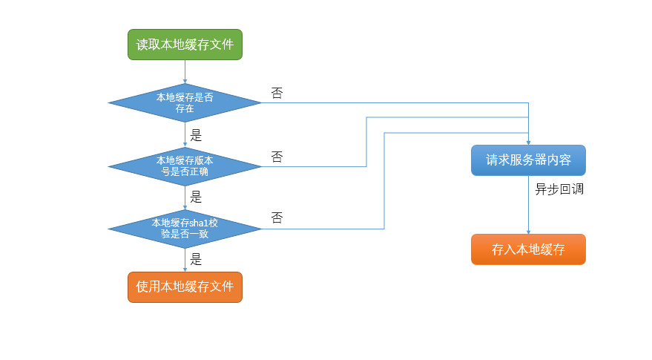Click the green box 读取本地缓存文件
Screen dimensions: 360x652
tap(185, 45)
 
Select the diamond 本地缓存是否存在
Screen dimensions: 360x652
tap(185, 102)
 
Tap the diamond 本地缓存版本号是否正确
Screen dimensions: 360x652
tap(185, 166)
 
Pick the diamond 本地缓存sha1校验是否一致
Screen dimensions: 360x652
tap(185, 228)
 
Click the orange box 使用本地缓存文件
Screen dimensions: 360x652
tap(185, 287)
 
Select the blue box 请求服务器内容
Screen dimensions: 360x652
tap(528, 160)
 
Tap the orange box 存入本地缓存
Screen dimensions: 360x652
tap(528, 249)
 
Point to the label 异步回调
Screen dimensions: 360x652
tap(559, 189)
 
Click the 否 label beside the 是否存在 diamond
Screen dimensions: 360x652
tap(277, 94)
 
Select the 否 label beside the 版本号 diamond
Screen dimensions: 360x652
tap(277, 157)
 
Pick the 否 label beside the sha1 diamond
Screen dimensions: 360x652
tap(277, 218)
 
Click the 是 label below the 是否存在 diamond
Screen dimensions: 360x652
tap(197, 136)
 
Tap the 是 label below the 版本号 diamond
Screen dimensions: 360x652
tap(197, 197)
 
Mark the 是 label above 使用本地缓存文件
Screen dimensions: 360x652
tap(197, 260)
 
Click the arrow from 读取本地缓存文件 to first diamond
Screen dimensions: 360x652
tap(185, 72)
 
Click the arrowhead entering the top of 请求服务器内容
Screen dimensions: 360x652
tap(528, 141)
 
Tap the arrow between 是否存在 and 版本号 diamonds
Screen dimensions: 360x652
tap(185, 134)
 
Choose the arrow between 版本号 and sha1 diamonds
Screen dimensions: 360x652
tap(185, 197)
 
